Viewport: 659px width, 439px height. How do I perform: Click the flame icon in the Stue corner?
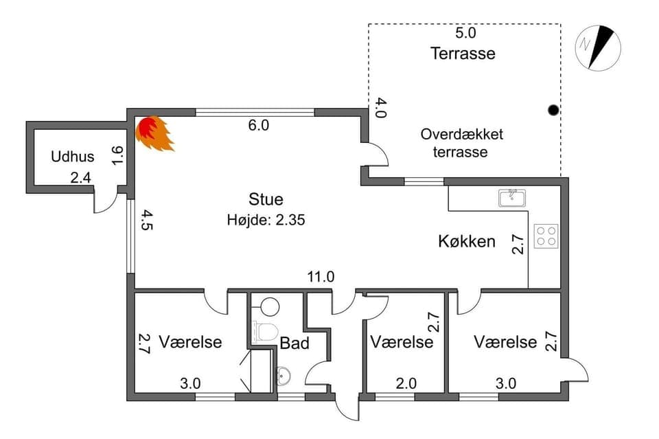[153, 133]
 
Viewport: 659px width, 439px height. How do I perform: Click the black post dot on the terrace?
[553, 110]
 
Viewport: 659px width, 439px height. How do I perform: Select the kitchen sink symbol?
[511, 199]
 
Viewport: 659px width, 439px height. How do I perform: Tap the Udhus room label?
[72, 157]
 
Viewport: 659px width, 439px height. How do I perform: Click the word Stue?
[266, 200]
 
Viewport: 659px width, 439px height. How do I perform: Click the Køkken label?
[467, 241]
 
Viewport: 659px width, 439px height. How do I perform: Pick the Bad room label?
[294, 343]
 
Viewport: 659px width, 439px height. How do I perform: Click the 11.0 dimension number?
[321, 277]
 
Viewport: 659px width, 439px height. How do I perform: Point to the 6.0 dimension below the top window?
[258, 125]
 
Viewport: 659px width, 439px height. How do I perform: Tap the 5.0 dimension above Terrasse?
[465, 32]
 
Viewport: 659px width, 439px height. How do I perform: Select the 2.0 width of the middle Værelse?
[405, 383]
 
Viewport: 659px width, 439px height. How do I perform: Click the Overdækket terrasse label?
[461, 143]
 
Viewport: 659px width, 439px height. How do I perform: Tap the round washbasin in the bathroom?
[284, 376]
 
